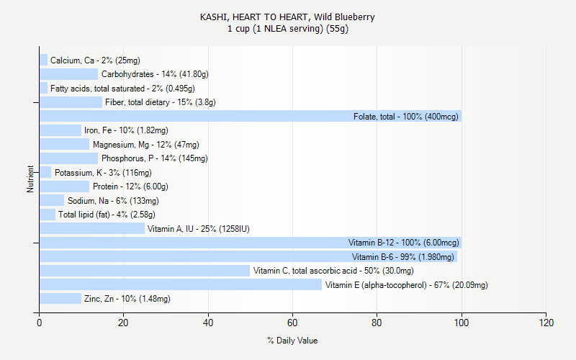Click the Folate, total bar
point(250,116)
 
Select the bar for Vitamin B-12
point(250,243)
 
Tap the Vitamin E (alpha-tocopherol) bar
point(180,285)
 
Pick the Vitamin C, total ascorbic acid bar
point(144,271)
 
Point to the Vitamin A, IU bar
point(91,229)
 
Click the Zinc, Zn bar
point(60,299)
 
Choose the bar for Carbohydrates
point(68,74)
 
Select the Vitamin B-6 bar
point(248,257)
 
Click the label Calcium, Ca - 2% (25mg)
point(95,60)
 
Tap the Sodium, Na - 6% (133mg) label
point(113,201)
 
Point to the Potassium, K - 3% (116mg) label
point(103,173)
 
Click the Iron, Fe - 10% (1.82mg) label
point(126,130)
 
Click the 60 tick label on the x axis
point(292,323)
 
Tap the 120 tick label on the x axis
point(546,323)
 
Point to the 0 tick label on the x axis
point(39,323)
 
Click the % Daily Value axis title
point(292,341)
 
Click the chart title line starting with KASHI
point(287,17)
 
